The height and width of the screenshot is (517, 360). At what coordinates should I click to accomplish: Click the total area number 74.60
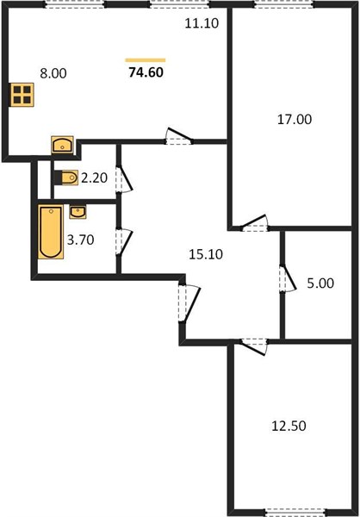point(146,72)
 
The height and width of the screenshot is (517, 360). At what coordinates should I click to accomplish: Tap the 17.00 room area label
point(295,120)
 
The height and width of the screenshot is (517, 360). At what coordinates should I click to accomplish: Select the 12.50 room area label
point(289,426)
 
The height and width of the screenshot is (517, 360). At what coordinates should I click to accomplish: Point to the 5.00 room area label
point(320,283)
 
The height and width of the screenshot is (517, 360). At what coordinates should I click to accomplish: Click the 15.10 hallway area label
point(206,254)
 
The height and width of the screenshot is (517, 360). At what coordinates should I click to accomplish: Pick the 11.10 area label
point(202,24)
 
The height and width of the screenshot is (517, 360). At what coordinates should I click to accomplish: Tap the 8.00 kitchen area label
point(53,73)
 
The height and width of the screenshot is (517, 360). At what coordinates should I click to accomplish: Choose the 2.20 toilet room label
point(94,178)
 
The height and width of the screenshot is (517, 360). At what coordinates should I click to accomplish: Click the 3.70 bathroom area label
point(81,240)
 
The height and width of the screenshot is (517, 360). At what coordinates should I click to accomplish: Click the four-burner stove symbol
point(22,95)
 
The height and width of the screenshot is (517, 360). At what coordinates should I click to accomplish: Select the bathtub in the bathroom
point(51,232)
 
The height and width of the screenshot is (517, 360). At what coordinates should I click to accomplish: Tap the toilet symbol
point(66,178)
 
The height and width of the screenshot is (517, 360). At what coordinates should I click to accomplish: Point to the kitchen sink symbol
point(62,145)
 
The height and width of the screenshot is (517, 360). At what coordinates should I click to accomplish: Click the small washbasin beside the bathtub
point(78,212)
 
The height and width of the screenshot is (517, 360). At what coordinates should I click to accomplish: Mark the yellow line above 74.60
point(146,60)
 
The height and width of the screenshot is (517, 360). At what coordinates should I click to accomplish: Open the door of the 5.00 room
point(288,278)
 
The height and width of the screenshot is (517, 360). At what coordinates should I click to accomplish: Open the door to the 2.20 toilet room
point(124,179)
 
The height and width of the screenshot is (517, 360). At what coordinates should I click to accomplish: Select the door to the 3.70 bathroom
point(124,242)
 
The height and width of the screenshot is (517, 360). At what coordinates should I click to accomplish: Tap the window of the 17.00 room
point(284,4)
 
